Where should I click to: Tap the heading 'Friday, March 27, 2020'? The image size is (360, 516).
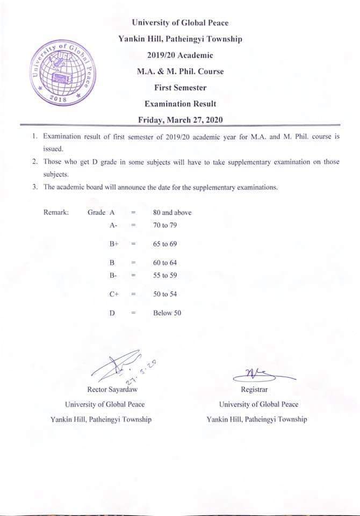(180, 120)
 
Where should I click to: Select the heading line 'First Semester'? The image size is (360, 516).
(180, 88)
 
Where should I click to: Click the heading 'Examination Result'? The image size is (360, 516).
(180, 104)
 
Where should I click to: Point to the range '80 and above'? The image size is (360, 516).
(172, 212)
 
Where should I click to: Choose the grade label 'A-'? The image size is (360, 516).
(113, 225)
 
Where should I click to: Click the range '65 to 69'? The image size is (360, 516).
(165, 244)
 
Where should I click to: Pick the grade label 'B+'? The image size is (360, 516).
(113, 244)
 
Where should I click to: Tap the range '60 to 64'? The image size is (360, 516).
(165, 263)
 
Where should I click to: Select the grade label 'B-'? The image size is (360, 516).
(113, 275)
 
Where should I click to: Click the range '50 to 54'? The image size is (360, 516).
(165, 294)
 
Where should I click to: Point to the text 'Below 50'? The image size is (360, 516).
(167, 313)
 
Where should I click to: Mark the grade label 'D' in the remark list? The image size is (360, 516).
(112, 313)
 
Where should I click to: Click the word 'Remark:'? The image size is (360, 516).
(56, 212)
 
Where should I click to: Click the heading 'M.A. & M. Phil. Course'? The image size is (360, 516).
(180, 71)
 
